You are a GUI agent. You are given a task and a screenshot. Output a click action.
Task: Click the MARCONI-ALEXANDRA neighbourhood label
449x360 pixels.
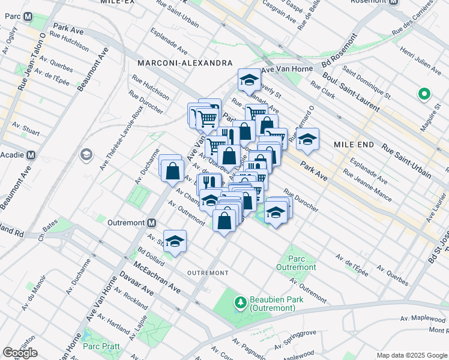(x=184, y=63)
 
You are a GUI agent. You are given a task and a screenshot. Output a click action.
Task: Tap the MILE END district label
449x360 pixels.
(x=354, y=145)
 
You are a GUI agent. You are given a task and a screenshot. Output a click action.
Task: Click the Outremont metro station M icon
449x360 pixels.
(x=152, y=223)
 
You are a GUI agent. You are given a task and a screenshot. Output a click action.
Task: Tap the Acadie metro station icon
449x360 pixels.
(x=31, y=155)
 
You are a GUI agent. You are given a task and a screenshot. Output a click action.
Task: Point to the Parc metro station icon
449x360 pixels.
(x=28, y=17)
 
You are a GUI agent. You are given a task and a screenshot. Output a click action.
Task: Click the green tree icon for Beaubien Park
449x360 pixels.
(x=240, y=301)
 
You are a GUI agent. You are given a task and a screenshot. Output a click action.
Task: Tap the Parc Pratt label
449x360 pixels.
(x=101, y=346)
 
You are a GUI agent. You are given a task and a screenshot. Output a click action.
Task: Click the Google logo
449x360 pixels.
(x=20, y=353)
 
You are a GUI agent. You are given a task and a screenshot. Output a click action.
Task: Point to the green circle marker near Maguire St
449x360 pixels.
(x=424, y=94)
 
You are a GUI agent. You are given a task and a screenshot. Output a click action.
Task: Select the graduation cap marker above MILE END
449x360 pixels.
(x=307, y=139)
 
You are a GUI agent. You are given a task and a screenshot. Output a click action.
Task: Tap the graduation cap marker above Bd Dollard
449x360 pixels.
(x=175, y=241)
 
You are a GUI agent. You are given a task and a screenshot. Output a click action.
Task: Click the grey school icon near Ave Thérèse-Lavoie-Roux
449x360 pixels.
(x=86, y=155)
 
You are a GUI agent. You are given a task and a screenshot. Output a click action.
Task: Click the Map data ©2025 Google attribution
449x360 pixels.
(x=411, y=355)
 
